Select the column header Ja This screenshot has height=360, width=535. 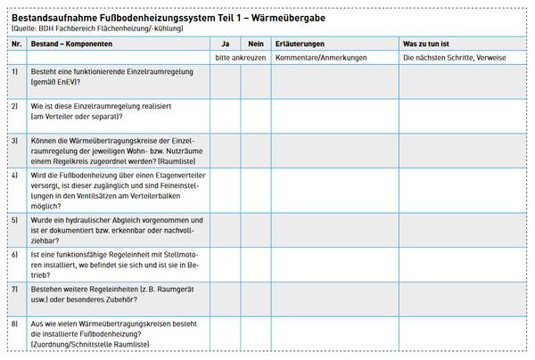tap(226, 43)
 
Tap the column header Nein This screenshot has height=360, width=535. tap(255, 43)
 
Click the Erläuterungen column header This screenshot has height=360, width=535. tap(300, 43)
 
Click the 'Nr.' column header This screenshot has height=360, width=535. tap(16, 43)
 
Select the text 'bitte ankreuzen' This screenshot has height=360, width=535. tap(241, 57)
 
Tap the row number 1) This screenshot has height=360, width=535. tap(15, 70)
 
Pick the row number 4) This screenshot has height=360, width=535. tap(15, 176)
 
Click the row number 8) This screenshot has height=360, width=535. tap(15, 323)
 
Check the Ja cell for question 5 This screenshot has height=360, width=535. tap(226, 230)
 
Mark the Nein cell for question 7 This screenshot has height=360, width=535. tap(256, 298)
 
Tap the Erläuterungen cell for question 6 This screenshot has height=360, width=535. tap(334, 264)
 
